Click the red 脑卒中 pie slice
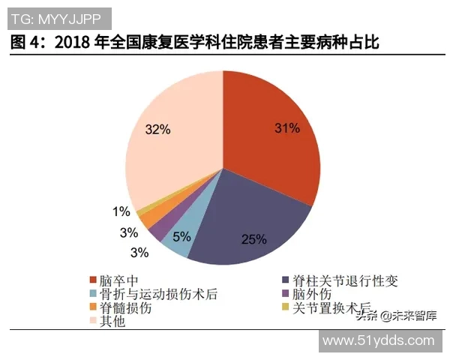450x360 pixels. click(x=270, y=150)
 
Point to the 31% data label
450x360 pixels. click(x=287, y=128)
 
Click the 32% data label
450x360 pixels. click(x=158, y=129)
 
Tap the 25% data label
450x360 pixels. click(x=253, y=239)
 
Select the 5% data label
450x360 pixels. click(x=182, y=237)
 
